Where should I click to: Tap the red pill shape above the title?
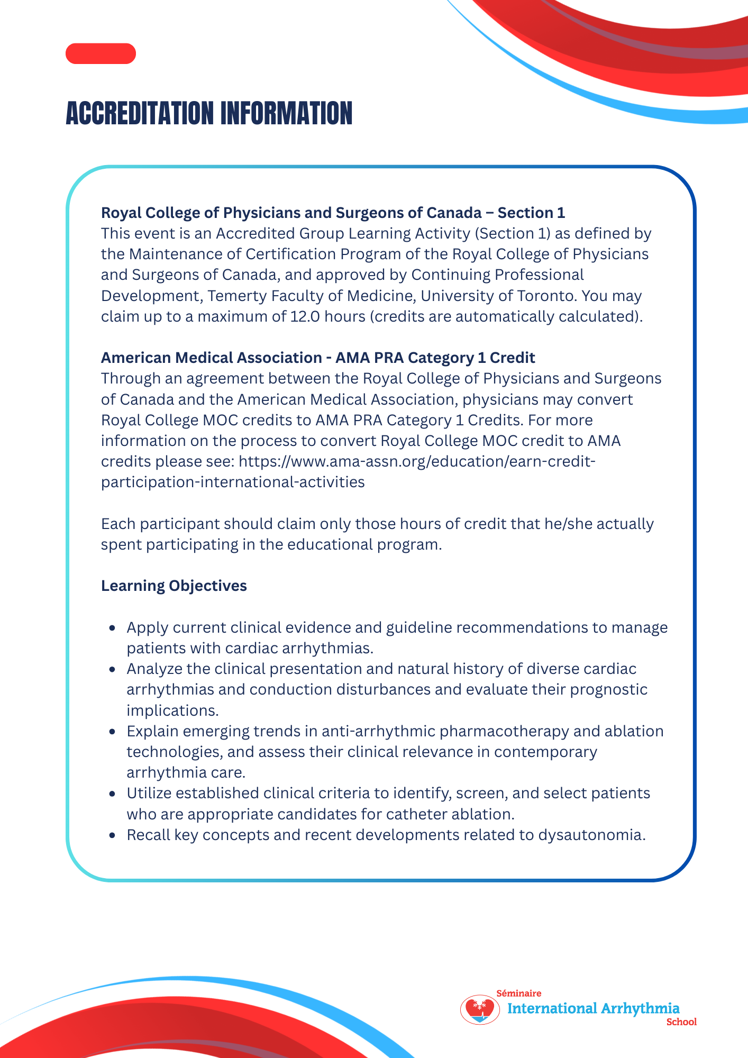click(x=101, y=53)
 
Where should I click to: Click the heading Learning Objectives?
click(x=174, y=586)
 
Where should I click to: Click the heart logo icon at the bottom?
click(x=480, y=1009)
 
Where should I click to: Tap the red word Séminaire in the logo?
click(x=518, y=993)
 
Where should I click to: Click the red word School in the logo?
click(x=681, y=1022)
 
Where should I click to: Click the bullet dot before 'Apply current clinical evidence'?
click(x=112, y=628)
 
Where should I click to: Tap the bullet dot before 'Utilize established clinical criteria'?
click(x=112, y=793)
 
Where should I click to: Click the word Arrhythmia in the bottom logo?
click(x=640, y=1008)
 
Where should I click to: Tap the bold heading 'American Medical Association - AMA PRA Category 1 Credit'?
click(x=318, y=358)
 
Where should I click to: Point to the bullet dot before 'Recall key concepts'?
click(x=112, y=835)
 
